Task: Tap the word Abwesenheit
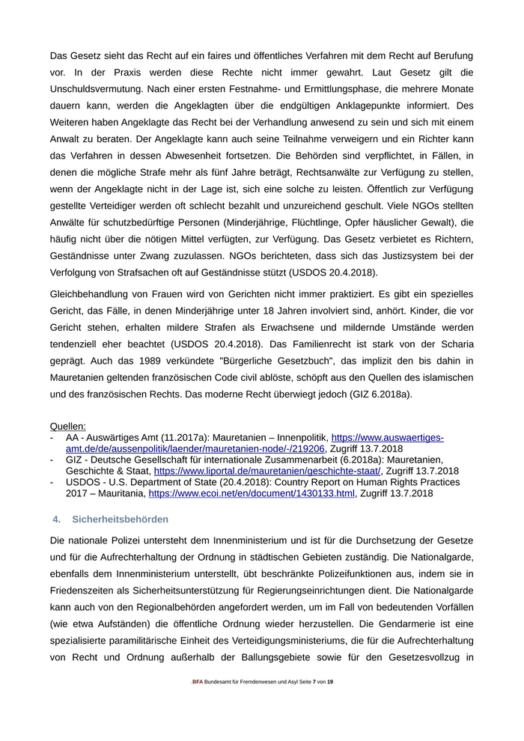click(247, 156)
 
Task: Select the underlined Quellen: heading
click(68, 426)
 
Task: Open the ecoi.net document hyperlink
click(252, 494)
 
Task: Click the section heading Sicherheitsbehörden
click(121, 519)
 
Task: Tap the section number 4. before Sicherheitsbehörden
click(56, 519)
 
